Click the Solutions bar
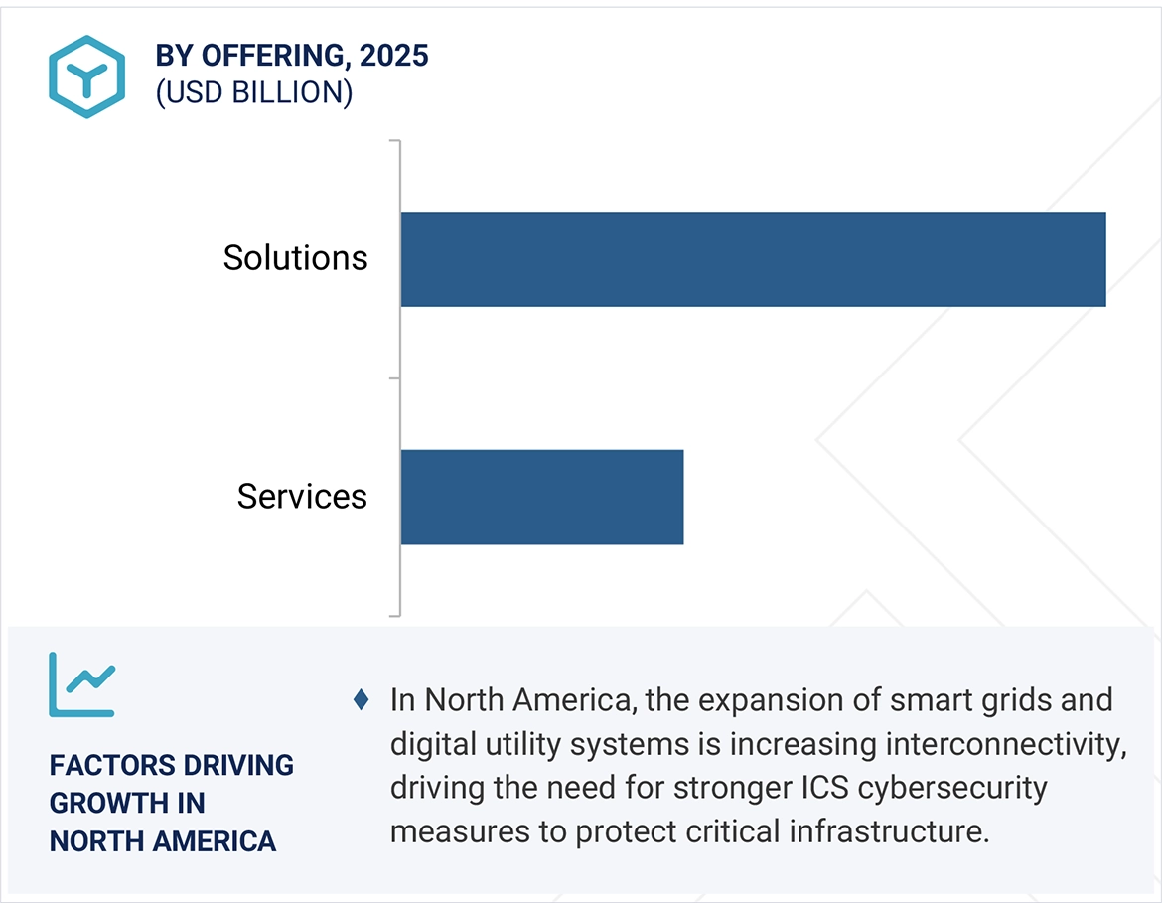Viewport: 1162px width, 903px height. (753, 259)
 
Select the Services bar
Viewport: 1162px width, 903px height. (542, 497)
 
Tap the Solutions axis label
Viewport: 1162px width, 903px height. (295, 258)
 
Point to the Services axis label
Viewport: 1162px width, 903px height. (302, 497)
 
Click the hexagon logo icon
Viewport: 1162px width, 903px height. (86, 76)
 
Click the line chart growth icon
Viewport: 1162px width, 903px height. (82, 684)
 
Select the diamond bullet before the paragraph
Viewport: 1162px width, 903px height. (362, 700)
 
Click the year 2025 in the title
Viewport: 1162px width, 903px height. (394, 56)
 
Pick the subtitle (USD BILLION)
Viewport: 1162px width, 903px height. (253, 92)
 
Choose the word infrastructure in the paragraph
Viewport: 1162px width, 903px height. (894, 831)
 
